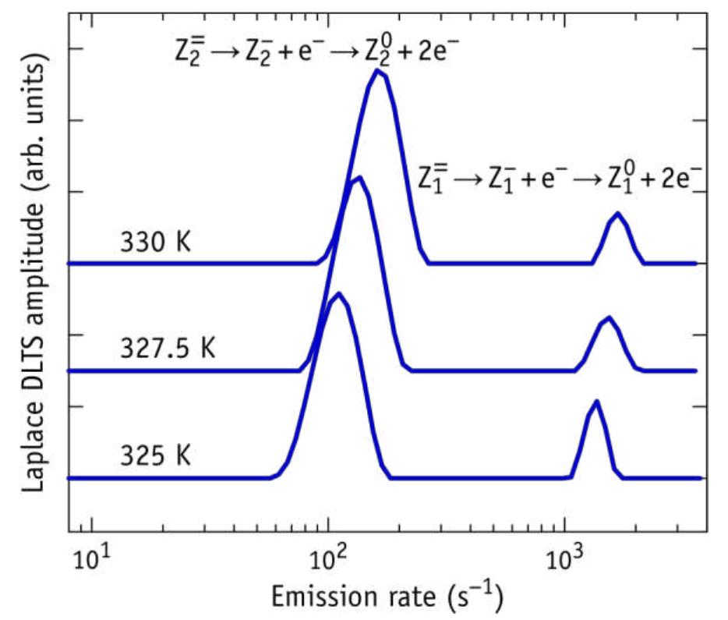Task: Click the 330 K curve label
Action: pos(156,243)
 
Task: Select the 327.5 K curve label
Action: pos(168,349)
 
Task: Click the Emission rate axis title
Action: pos(387,597)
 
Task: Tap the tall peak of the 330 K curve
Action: pos(378,71)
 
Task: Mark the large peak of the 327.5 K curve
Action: pos(358,178)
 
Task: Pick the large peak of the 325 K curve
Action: pos(337,295)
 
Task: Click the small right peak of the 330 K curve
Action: pos(618,213)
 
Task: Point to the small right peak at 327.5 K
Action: pos(608,317)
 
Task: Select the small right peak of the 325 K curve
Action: pos(596,402)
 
